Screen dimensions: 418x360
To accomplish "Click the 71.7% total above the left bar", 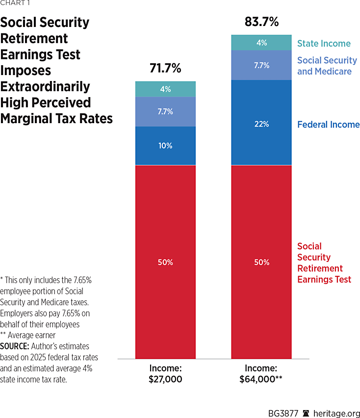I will click(165, 69).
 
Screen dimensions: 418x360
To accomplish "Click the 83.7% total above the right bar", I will click(261, 22).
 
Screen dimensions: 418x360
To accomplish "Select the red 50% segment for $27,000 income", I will click(165, 262).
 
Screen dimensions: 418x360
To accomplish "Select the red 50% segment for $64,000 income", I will click(261, 262).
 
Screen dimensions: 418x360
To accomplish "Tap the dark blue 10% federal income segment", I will click(165, 146).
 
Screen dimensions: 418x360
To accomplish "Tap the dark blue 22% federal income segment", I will click(261, 124).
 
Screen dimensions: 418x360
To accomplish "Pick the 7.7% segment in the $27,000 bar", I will click(165, 111).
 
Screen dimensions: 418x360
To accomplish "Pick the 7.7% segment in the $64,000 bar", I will click(261, 65).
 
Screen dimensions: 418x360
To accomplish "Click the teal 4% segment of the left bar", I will click(165, 89).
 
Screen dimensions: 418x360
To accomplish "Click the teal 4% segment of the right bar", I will click(261, 43).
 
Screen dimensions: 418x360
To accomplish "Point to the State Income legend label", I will click(324, 44).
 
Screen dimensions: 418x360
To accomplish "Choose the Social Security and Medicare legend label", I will click(327, 66).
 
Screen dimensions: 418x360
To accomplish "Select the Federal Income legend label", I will click(328, 125).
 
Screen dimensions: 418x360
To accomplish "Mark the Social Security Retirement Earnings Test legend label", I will click(324, 263).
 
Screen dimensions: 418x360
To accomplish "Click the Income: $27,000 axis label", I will click(165, 374).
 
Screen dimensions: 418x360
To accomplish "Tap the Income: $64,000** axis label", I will click(261, 374).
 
